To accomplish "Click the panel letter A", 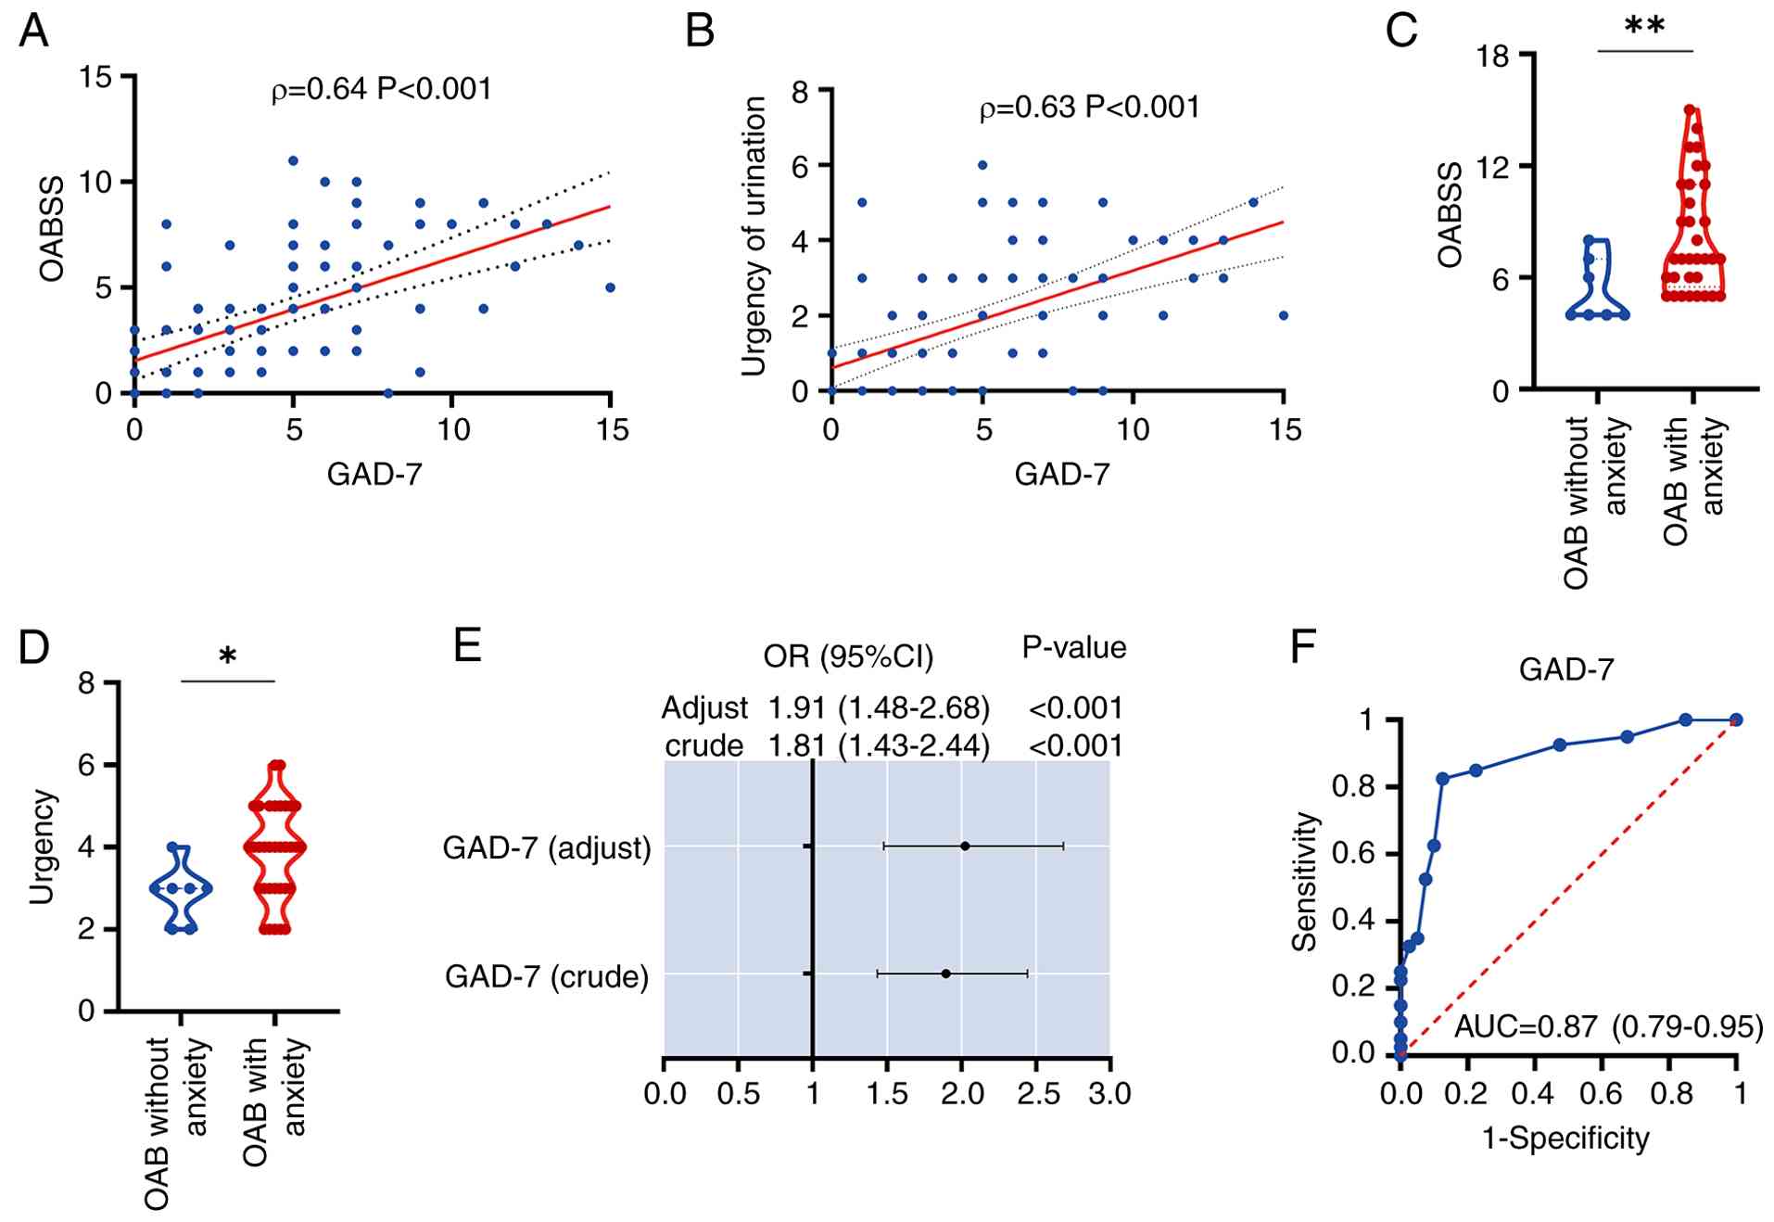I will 33,31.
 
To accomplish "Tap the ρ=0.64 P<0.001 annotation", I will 381,89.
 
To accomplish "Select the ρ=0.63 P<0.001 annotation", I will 1089,108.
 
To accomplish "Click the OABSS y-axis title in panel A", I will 52,228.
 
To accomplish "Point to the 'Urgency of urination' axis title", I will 754,236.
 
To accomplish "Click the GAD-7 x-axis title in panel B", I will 1061,475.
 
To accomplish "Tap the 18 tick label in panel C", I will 1493,57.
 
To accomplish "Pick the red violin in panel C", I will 1692,223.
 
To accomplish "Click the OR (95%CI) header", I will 848,656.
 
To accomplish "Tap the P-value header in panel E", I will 1073,647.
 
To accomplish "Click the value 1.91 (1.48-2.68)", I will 878,708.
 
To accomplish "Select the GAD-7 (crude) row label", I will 547,976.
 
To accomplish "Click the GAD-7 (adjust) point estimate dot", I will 965,846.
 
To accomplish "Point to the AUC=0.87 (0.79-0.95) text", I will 1608,1026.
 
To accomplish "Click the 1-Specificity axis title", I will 1565,1138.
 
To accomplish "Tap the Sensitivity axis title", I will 1305,881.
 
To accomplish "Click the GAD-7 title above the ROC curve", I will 1565,669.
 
